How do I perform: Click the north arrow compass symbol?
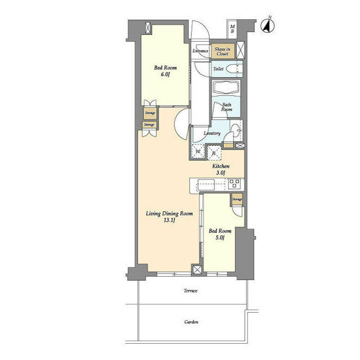[268, 25]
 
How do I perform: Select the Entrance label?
[200, 51]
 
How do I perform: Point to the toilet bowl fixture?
[236, 69]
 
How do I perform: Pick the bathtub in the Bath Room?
[227, 89]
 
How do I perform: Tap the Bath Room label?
[227, 107]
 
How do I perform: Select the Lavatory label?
[211, 133]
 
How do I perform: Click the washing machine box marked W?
[199, 151]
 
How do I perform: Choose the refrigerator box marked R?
[214, 151]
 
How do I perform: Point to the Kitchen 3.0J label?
[219, 170]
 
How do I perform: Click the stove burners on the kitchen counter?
[234, 184]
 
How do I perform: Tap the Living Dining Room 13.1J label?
[169, 217]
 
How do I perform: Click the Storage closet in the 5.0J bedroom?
[237, 200]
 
